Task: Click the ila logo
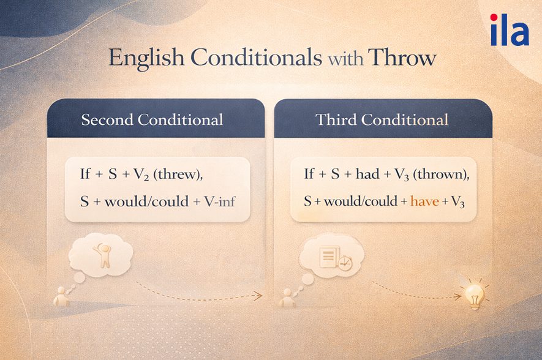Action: click(x=509, y=31)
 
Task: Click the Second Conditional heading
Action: click(x=152, y=120)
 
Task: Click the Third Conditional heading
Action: click(x=382, y=120)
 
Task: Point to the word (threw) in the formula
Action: click(x=179, y=174)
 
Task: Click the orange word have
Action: click(x=424, y=200)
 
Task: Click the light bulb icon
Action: click(x=475, y=295)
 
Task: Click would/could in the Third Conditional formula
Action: click(x=363, y=200)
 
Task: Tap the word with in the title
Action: click(x=346, y=59)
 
